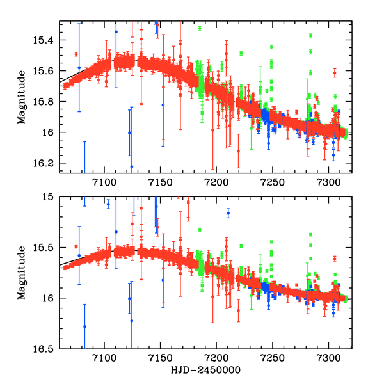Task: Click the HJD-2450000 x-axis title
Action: pos(205,371)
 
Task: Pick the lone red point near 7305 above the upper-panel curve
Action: pos(335,73)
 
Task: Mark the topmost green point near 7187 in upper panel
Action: pos(200,29)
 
